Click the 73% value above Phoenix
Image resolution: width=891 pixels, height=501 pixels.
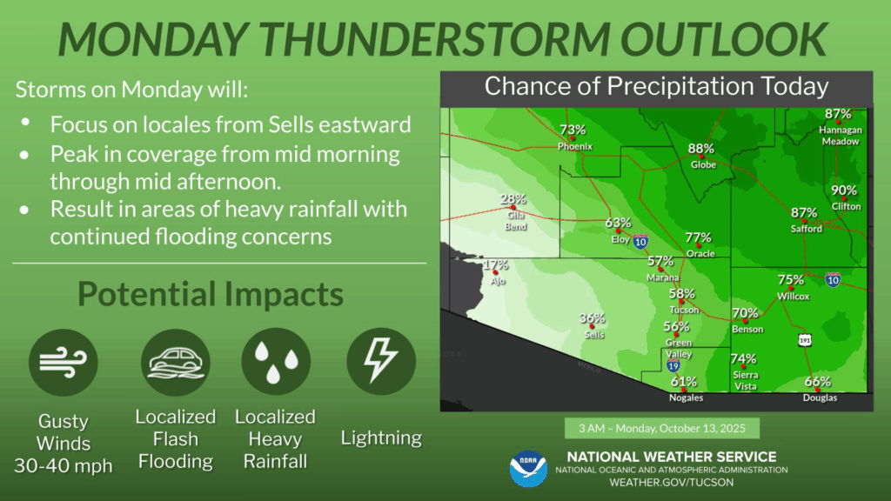573,130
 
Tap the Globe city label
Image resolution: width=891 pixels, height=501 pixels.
703,164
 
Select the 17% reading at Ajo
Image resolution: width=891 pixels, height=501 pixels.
495,264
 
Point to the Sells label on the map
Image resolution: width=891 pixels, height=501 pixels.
594,335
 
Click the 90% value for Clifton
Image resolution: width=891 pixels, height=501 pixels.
844,190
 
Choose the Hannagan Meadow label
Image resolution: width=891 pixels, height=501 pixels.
841,136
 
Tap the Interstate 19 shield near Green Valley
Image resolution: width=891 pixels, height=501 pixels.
673,364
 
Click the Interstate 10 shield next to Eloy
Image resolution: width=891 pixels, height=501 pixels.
640,242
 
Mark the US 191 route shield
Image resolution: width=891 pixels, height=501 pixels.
805,340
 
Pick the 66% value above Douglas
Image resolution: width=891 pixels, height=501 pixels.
818,382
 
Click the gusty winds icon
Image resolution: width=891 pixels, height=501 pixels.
63,363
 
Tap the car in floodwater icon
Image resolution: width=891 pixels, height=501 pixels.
176,363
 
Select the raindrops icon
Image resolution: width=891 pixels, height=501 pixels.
276,362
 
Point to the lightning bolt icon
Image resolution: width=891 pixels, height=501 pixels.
381,362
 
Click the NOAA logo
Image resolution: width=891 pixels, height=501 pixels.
528,469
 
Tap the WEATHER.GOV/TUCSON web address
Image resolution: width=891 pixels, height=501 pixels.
672,482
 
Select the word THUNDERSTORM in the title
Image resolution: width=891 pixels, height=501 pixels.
435,38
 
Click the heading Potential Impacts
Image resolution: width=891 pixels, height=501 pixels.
211,294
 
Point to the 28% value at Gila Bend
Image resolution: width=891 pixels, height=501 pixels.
513,199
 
